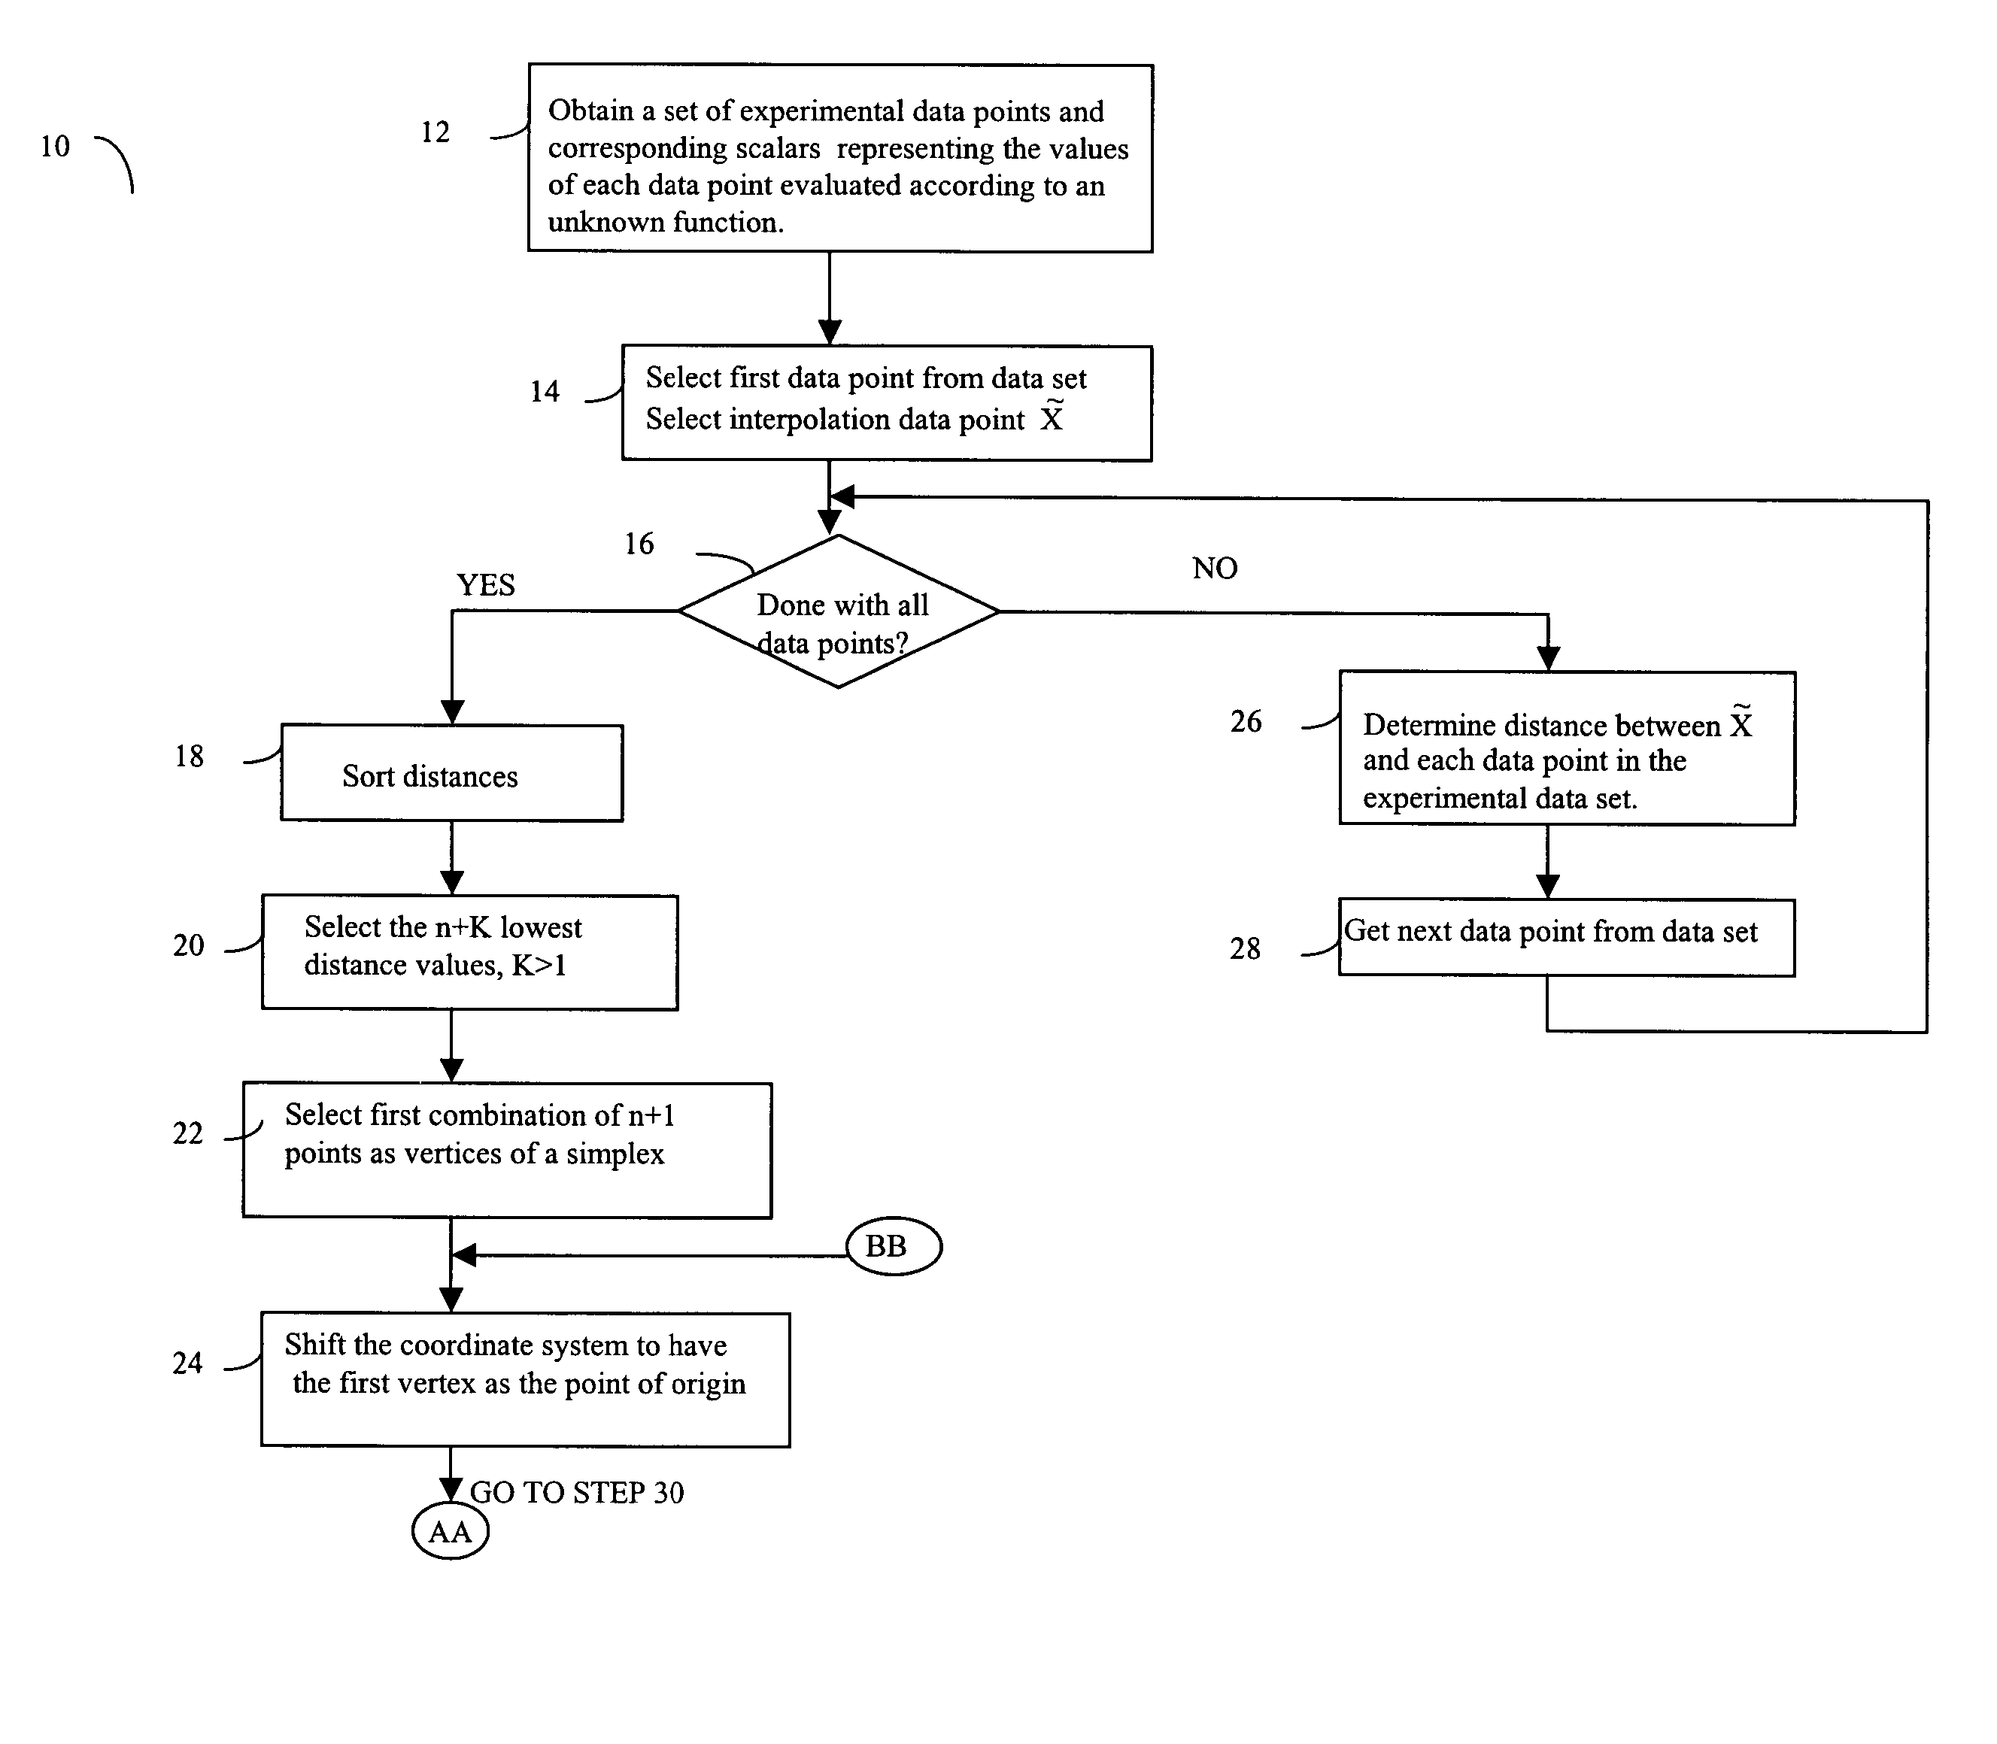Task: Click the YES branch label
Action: [486, 585]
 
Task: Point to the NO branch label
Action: [1215, 569]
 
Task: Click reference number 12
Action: [435, 132]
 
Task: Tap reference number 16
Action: [639, 543]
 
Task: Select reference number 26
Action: [1246, 721]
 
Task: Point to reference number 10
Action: [54, 146]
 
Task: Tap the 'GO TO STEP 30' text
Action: [577, 1492]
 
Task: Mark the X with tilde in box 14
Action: [1052, 416]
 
